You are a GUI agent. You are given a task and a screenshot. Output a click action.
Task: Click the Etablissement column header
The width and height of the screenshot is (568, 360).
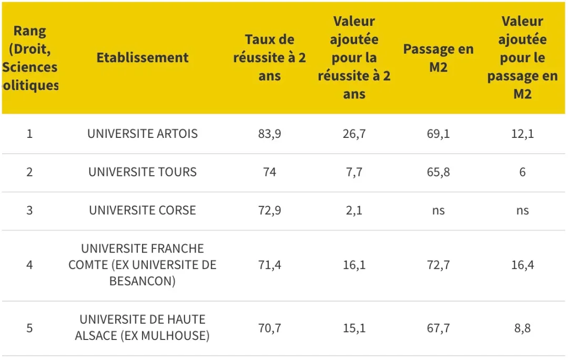point(142,58)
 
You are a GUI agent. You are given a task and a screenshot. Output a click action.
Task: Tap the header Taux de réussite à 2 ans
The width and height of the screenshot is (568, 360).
point(269,58)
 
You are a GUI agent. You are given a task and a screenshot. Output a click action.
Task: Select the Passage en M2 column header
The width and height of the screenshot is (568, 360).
point(438,58)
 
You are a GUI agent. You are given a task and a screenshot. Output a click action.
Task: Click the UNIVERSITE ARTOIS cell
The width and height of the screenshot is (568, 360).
point(142,134)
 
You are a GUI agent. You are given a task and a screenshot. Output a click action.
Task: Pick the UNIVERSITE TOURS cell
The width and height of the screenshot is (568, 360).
point(142,172)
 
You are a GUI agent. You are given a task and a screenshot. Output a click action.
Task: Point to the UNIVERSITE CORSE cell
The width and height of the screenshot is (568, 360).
point(142,211)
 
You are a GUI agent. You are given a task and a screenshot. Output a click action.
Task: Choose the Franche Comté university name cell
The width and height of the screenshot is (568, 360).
point(142,265)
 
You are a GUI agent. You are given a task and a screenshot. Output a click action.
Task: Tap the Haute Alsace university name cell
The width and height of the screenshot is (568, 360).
point(142,327)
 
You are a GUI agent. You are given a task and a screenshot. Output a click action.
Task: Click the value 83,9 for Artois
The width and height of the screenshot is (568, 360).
point(269,134)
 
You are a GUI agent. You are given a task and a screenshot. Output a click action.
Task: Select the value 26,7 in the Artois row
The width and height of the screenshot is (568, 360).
point(354,134)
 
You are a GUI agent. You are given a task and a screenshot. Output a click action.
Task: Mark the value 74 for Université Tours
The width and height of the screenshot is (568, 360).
point(269,172)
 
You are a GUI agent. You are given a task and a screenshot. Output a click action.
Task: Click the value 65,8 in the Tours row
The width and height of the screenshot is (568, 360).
point(438,172)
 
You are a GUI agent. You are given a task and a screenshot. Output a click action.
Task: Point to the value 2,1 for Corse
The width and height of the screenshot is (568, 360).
point(354,211)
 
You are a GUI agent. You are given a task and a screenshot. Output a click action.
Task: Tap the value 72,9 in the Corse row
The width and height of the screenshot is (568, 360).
point(269,211)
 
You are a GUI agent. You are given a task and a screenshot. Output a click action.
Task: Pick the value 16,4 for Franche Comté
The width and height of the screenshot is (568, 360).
point(522,265)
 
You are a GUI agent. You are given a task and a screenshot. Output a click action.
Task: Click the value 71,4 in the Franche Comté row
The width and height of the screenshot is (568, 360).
point(269,265)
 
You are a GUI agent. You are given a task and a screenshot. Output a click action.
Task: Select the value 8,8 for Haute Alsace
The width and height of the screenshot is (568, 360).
point(522,328)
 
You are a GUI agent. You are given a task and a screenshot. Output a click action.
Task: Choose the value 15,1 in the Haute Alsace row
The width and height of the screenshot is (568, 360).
point(354,328)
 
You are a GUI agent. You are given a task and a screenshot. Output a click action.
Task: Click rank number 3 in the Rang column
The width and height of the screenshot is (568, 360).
point(29,211)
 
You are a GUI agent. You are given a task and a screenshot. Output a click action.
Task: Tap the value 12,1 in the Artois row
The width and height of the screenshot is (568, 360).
point(522,134)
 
